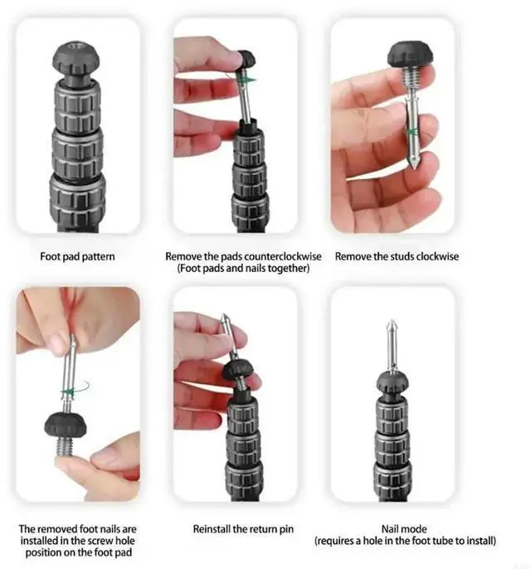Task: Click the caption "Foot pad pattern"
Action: point(77,256)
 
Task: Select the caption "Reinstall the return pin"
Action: point(243,529)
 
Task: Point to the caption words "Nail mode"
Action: point(404,529)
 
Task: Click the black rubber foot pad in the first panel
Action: point(76,57)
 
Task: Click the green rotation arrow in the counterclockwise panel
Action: point(244,79)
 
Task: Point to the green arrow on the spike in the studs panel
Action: point(412,131)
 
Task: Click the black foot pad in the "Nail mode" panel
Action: point(392,382)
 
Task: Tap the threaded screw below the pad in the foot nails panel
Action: point(65,445)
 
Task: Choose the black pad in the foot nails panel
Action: point(66,425)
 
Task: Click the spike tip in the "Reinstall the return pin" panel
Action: point(225,318)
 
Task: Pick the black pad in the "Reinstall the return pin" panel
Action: point(238,370)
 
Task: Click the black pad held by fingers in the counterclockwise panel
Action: point(246,59)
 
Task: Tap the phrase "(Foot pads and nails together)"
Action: point(244,269)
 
